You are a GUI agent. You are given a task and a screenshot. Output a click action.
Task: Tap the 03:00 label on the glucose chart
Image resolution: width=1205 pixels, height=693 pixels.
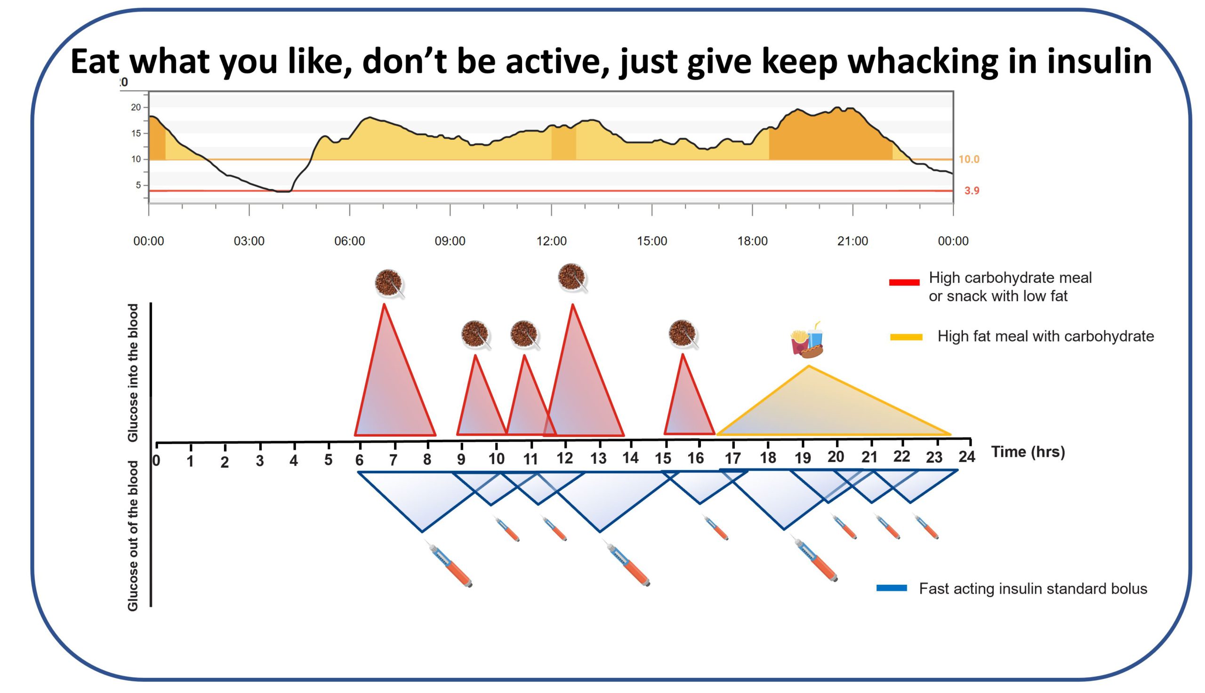coord(249,241)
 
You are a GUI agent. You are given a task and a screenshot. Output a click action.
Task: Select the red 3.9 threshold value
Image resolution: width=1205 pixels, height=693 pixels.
coord(971,191)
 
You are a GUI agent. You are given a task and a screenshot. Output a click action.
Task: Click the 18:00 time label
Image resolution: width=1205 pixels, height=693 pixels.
coord(752,241)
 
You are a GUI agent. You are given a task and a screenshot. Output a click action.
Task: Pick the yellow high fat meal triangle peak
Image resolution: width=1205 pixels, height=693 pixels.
coord(808,366)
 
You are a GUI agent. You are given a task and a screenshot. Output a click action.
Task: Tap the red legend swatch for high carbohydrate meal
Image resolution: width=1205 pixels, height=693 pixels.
coord(904,282)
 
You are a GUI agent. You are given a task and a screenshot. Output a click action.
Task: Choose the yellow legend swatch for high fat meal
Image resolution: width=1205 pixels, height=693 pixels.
coord(906,337)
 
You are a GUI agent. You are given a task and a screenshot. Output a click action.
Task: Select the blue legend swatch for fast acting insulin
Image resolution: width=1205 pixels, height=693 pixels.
coord(891,588)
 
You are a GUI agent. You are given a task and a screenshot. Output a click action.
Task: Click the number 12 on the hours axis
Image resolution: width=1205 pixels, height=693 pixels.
coord(564,458)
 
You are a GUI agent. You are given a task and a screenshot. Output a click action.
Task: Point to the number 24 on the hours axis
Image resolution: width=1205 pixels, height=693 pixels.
coord(966,456)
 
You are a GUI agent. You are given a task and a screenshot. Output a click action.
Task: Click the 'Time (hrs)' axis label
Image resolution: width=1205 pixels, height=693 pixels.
coord(1028,451)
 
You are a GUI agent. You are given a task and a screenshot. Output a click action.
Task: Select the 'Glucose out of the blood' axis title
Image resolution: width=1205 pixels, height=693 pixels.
coord(133,535)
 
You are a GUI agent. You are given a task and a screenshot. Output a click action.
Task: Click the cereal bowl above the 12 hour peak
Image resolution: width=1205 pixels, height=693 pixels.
coord(571,277)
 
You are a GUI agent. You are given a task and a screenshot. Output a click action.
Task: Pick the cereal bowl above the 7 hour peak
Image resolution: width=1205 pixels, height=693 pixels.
coord(388,283)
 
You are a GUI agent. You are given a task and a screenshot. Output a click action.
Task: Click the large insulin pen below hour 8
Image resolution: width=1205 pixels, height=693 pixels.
coord(450,566)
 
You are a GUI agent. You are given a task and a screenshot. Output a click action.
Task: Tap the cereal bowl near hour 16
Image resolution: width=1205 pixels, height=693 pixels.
coord(682,333)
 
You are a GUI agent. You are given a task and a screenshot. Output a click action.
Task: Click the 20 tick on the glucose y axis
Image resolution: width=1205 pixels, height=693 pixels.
coord(136,107)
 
